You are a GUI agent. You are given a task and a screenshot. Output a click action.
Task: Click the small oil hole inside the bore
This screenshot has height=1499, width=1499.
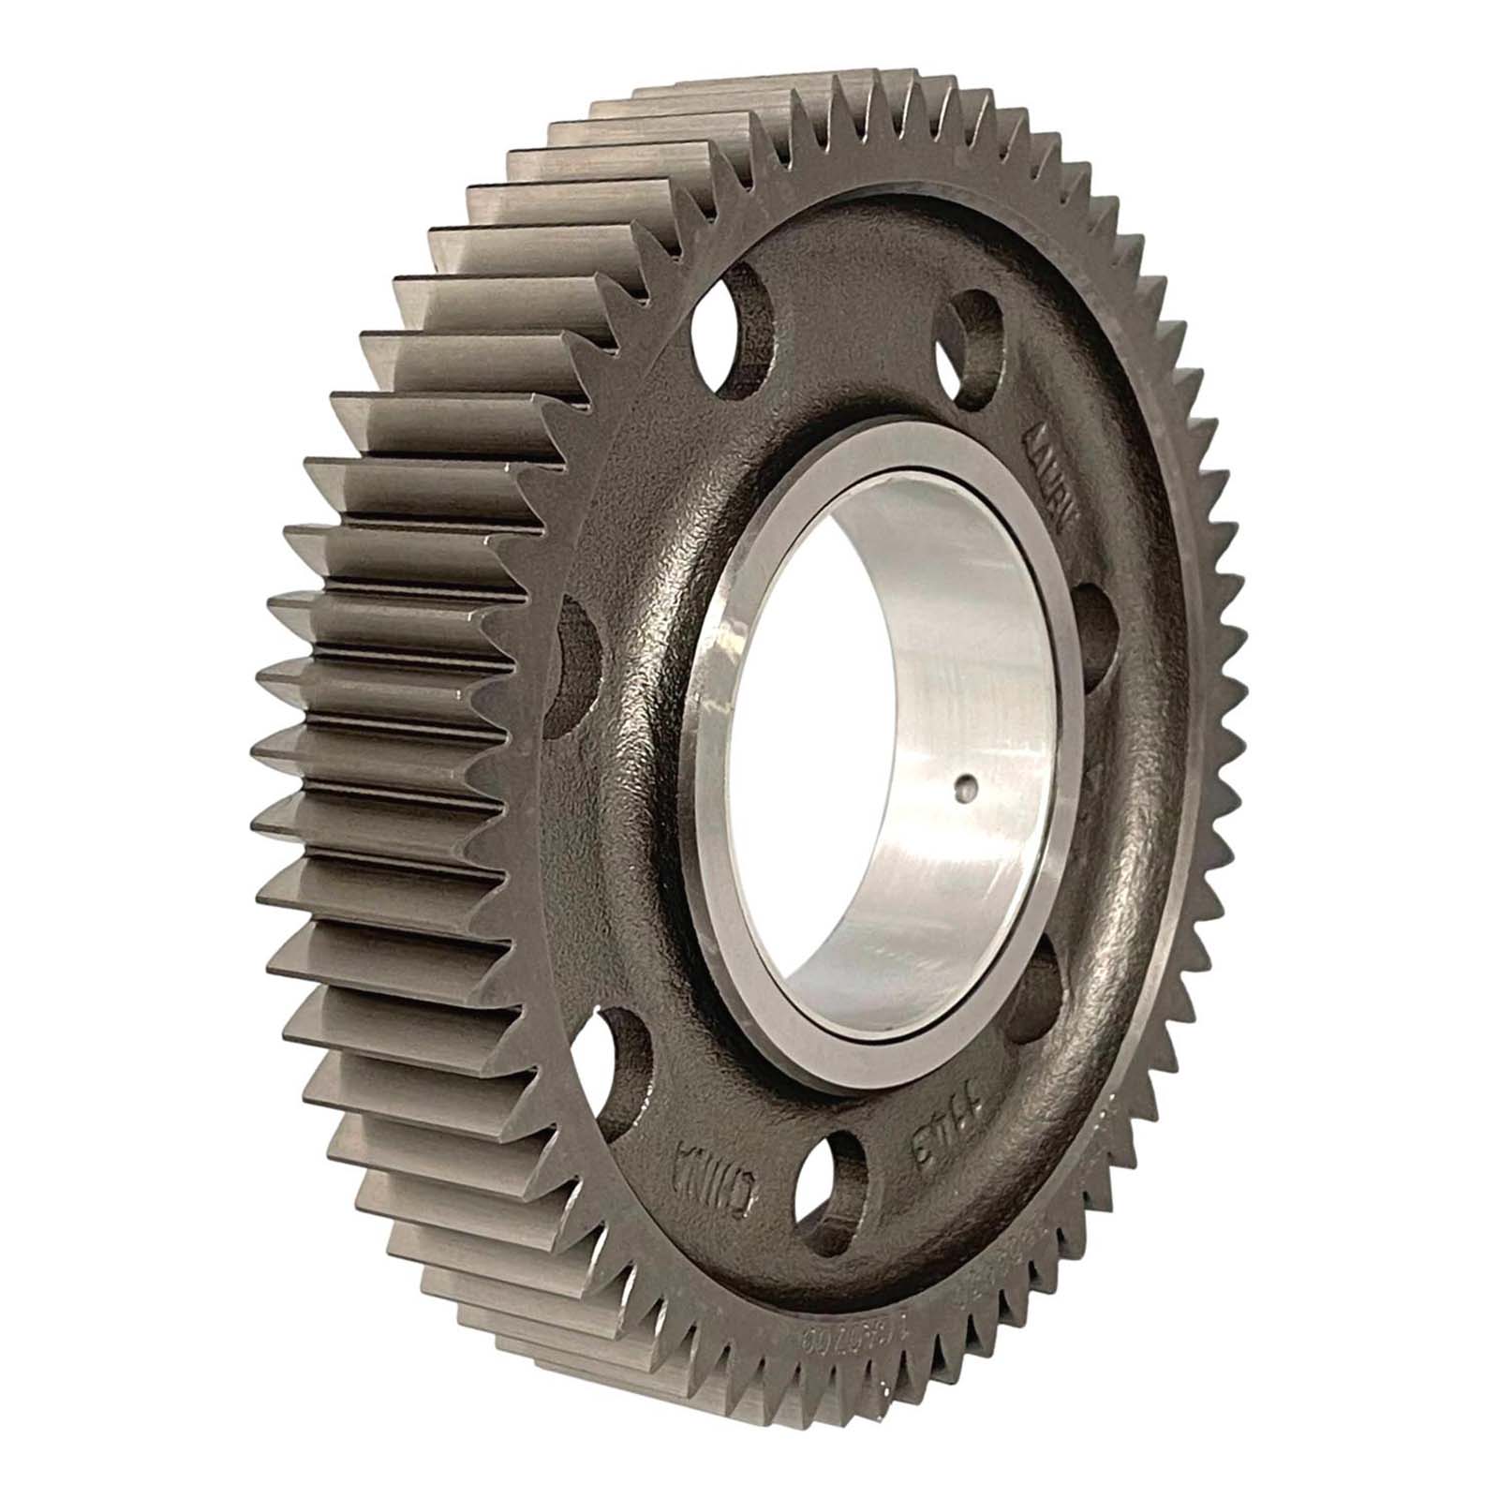pos(964,789)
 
